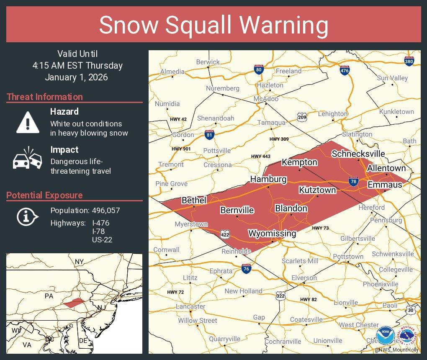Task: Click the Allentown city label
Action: coord(386,168)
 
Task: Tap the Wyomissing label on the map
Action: coord(272,234)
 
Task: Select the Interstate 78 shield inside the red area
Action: coord(353,181)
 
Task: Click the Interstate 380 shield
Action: coord(409,62)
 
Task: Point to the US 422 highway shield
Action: coord(226,234)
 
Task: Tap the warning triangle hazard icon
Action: coord(28,122)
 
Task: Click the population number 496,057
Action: coord(106,211)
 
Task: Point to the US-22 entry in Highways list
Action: coord(102,240)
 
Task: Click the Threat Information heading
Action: coord(45,97)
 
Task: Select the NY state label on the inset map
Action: coord(79,262)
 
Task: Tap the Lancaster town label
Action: coord(190,306)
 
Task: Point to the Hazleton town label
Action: coord(270,85)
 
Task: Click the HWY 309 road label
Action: coord(279,139)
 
